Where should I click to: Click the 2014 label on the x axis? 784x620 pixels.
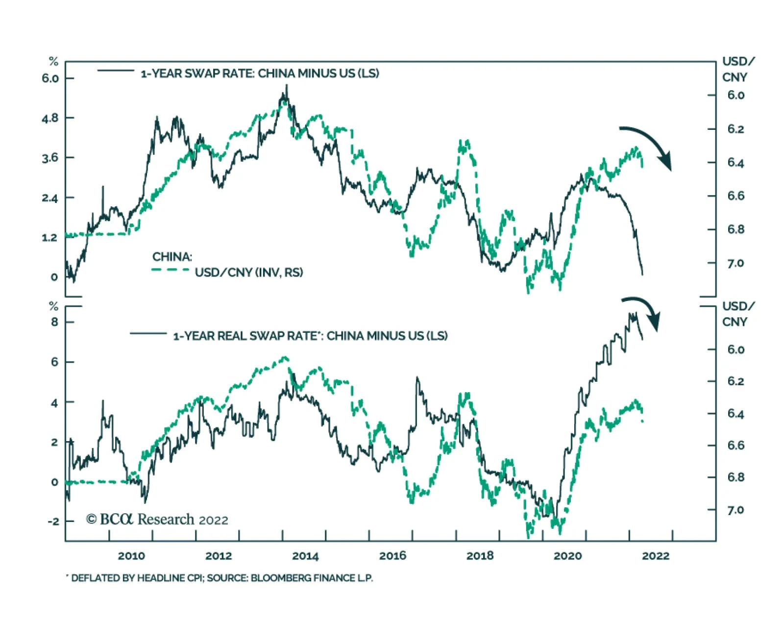305,556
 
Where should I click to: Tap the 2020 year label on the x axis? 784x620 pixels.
567,556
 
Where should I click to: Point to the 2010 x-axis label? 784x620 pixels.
131,556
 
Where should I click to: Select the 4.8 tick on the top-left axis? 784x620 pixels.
50,118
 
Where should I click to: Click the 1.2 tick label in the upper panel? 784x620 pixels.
50,238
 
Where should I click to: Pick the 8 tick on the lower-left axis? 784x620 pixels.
54,322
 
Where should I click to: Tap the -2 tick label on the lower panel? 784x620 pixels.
53,521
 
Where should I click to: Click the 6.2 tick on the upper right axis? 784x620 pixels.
735,129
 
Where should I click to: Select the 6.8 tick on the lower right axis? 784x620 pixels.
735,477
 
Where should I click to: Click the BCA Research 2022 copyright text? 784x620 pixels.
157,520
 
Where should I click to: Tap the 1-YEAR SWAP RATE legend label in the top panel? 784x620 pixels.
260,74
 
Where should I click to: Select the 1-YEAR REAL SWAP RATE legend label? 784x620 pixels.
310,336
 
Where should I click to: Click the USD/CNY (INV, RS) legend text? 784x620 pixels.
249,272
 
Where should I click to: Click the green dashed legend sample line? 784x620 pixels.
170,270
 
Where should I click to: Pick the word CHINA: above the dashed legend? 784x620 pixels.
172,257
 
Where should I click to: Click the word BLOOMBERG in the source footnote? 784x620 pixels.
278,578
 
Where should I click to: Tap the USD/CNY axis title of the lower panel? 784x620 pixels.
738,314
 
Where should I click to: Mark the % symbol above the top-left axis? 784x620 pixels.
53,62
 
